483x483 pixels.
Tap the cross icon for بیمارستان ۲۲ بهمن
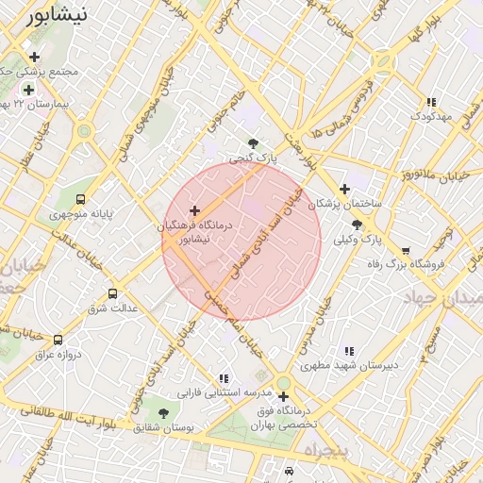pyautogui.click(x=29, y=90)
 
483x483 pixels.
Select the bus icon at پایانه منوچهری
pyautogui.click(x=80, y=199)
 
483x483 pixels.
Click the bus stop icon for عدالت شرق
pyautogui.click(x=113, y=293)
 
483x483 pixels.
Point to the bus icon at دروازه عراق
pyautogui.click(x=58, y=340)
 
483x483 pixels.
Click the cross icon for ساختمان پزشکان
pyautogui.click(x=344, y=189)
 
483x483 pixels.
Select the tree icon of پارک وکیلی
pyautogui.click(x=357, y=225)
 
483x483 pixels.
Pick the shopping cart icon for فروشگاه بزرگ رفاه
pyautogui.click(x=406, y=251)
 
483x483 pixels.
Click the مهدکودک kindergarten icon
pyautogui.click(x=431, y=102)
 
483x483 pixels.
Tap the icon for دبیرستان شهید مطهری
pyautogui.click(x=350, y=351)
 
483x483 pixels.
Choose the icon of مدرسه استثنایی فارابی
pyautogui.click(x=224, y=378)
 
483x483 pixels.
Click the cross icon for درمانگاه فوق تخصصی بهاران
pyautogui.click(x=283, y=397)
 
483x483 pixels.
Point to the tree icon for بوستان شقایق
pyautogui.click(x=163, y=413)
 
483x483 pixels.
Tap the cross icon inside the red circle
pyautogui.click(x=195, y=210)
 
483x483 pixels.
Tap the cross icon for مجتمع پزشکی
pyautogui.click(x=34, y=58)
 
